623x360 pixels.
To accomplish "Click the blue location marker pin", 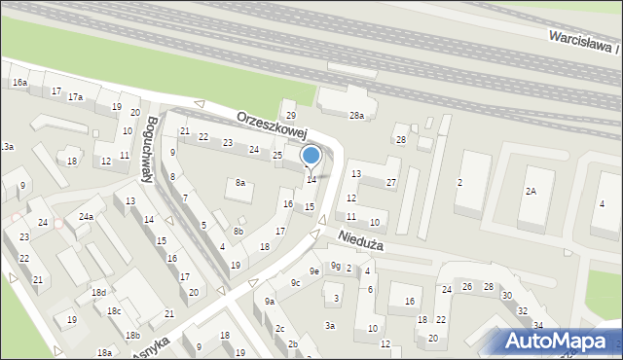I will click(x=311, y=156).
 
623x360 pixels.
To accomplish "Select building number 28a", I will click(x=357, y=116).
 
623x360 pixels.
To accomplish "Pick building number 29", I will click(x=289, y=116).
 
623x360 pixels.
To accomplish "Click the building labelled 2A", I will click(x=531, y=192).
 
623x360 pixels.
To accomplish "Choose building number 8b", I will click(x=238, y=232).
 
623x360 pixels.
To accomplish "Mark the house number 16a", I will click(x=19, y=84).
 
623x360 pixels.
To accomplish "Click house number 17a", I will click(x=75, y=97).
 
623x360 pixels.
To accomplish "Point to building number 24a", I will click(x=86, y=216).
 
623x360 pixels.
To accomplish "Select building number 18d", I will click(x=98, y=293).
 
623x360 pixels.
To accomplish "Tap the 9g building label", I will click(x=335, y=265).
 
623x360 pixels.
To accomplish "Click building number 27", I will click(x=390, y=183).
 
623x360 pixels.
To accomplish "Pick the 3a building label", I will click(x=330, y=326).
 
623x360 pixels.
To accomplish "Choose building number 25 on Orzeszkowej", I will click(x=276, y=156).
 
